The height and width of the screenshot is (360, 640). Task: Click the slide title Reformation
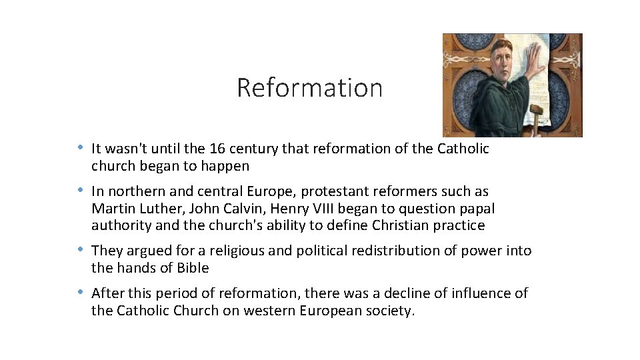pyautogui.click(x=309, y=88)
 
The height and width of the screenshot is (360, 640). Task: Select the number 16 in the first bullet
pyautogui.click(x=217, y=149)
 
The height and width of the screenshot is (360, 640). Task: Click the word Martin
pyautogui.click(x=111, y=208)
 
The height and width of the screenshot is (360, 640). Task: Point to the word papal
pyautogui.click(x=477, y=208)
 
